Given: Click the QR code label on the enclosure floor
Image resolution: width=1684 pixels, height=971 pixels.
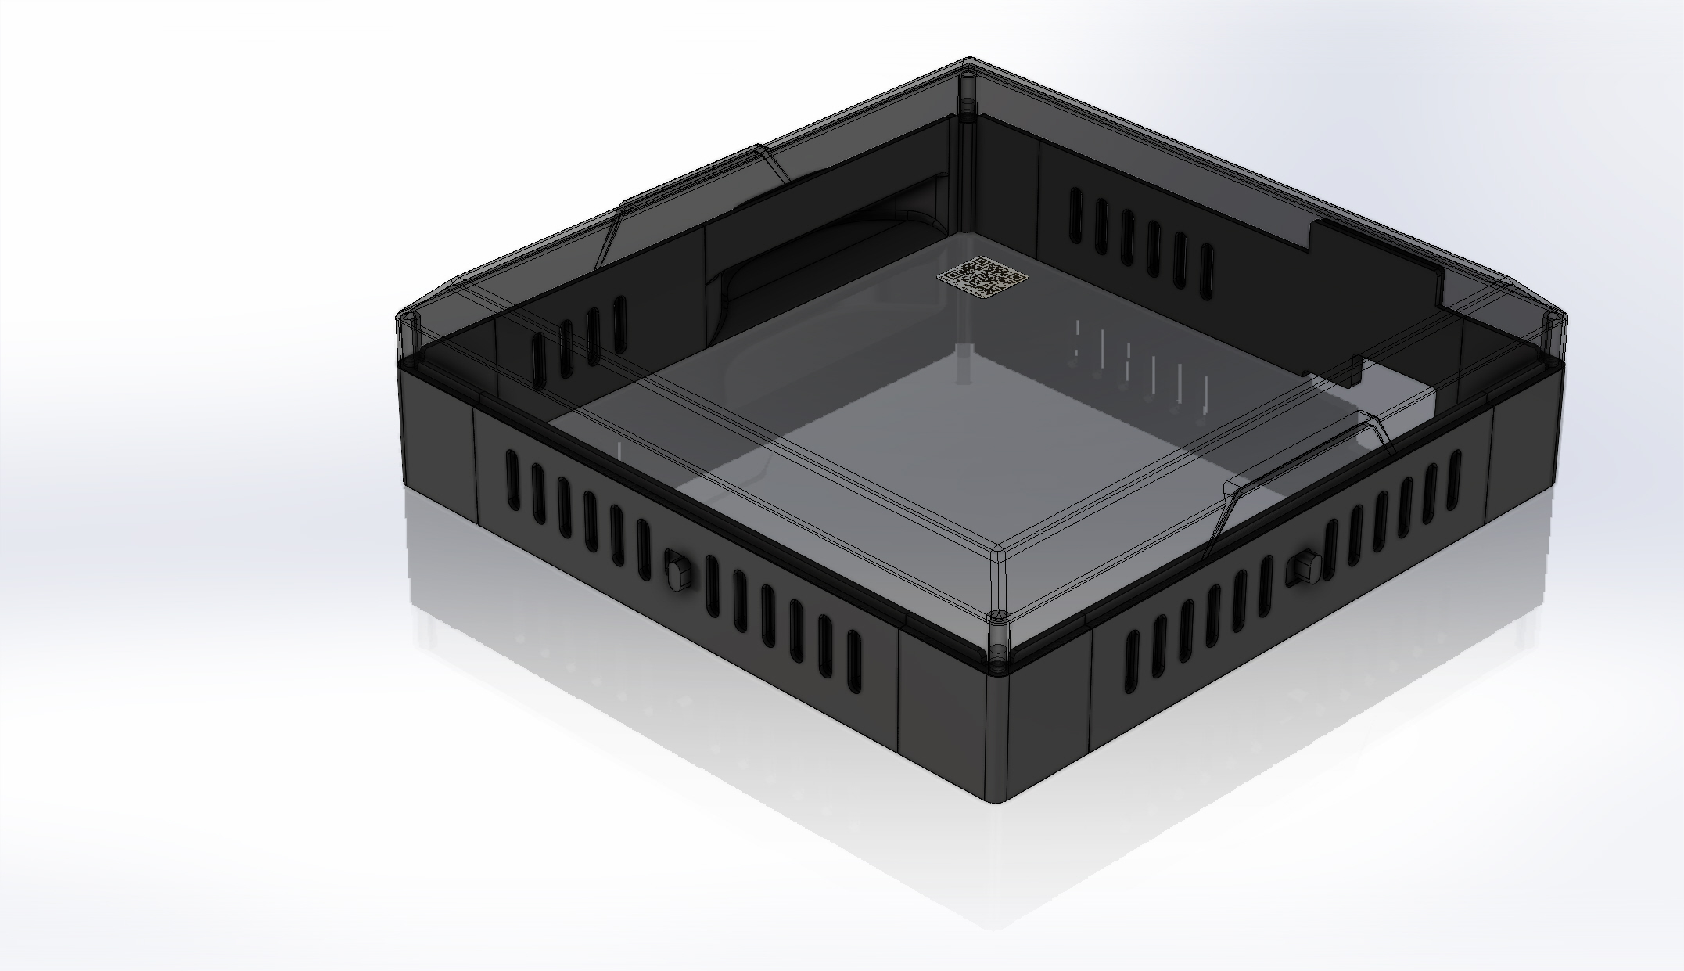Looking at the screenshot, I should point(982,277).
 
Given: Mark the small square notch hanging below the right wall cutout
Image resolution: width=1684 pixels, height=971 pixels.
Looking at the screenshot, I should point(1352,371).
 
